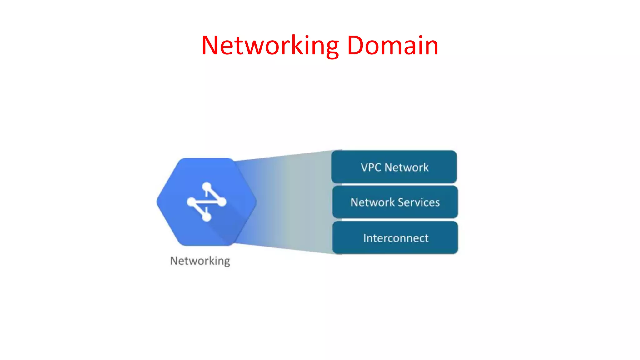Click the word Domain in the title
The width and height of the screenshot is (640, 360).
pos(392,46)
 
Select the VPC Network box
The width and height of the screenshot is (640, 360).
pos(394,167)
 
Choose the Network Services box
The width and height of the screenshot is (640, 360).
pos(395,202)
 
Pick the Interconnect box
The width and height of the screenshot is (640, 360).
pos(395,238)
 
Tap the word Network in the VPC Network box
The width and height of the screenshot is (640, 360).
pos(407,167)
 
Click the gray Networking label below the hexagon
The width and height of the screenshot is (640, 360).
pos(200,261)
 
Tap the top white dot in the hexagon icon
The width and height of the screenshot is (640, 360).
pos(207,187)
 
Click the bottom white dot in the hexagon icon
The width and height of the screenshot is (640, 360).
pos(207,217)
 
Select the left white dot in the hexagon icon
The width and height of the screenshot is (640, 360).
pos(191,202)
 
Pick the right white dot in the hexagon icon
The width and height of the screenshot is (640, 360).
pos(222,202)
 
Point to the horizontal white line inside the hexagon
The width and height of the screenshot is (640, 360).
pos(206,202)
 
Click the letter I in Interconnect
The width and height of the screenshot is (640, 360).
pos(365,238)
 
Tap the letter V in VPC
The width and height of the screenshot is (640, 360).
pos(365,167)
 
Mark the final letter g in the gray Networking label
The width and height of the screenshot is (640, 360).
pos(227,262)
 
